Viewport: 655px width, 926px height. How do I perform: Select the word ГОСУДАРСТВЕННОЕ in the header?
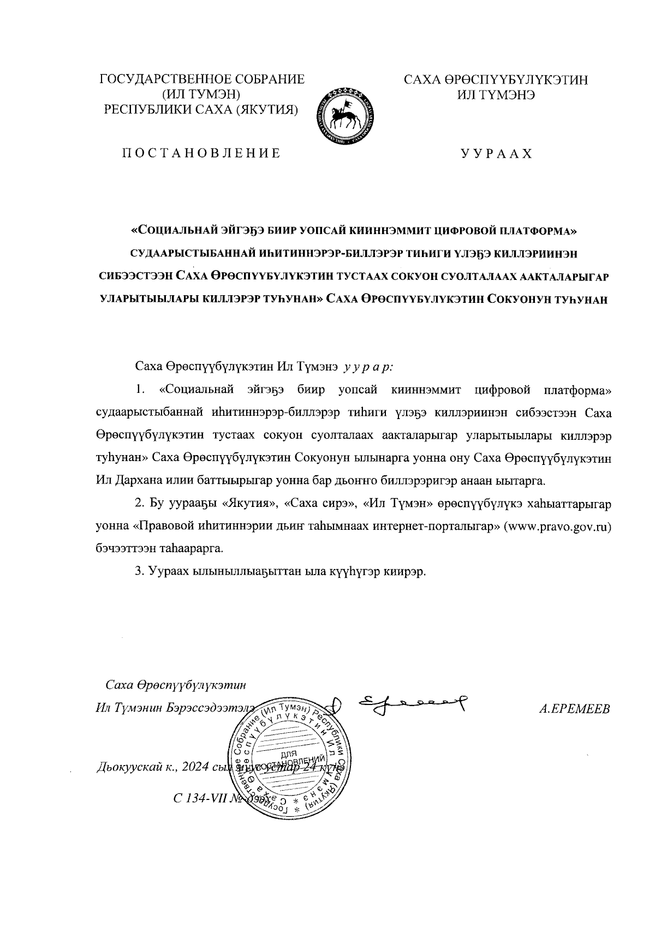tap(162, 80)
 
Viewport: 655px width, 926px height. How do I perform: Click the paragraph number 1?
tap(140, 390)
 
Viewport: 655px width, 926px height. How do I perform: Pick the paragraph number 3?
tap(139, 571)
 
